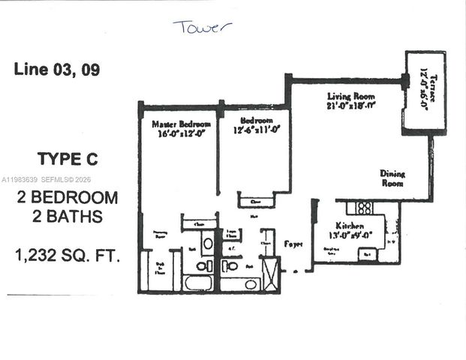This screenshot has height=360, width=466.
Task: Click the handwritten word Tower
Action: pos(203,28)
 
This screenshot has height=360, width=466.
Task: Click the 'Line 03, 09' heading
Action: pos(57,70)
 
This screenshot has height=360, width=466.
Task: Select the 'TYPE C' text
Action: pos(68,159)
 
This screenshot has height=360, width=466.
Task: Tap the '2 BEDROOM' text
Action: pos(68,198)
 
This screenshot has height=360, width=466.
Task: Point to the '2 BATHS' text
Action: pos(68,217)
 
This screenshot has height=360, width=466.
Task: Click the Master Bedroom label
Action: pos(181,124)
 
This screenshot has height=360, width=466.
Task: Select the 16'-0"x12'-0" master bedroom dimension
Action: pos(181,134)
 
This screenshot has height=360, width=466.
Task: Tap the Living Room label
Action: pos(350,97)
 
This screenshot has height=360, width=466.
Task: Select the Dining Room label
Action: pos(392,178)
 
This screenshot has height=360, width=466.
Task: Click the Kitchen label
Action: pos(350,226)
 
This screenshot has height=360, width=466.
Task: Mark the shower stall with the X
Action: pos(270,273)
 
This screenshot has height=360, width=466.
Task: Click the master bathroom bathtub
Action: pos(198,283)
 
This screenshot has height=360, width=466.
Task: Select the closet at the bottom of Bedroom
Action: pos(256,201)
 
